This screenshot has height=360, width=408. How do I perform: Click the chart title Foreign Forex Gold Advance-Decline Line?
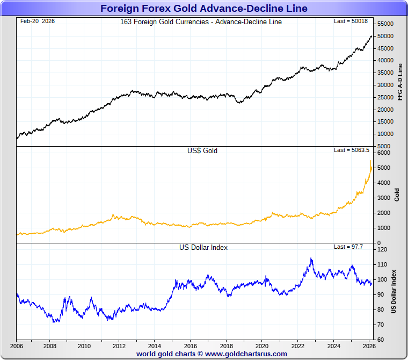204,8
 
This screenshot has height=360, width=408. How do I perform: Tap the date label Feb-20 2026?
37,21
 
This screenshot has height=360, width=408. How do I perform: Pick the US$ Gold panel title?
202,151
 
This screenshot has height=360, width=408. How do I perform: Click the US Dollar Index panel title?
203,248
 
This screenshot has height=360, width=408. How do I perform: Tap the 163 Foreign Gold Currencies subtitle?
201,22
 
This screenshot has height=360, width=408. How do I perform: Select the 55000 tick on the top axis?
385,24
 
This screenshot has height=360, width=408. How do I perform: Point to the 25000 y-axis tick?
385,97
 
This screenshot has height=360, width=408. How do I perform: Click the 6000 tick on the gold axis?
384,153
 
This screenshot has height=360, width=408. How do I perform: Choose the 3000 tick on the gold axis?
384,198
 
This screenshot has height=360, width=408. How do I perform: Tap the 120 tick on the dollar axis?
382,250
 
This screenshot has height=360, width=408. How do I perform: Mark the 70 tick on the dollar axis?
380,325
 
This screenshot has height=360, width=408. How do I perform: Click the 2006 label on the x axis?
16,346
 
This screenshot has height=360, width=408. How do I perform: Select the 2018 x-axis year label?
227,346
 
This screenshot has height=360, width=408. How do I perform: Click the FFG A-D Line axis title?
399,82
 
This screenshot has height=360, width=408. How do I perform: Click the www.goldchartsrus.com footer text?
246,354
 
